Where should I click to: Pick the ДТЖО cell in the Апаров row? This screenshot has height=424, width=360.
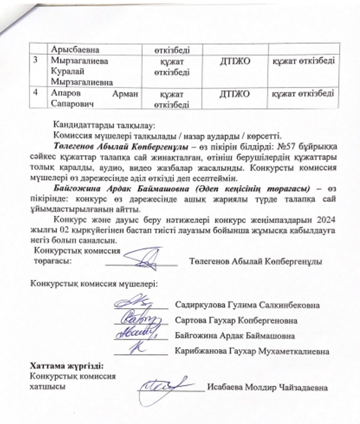coord(232,95)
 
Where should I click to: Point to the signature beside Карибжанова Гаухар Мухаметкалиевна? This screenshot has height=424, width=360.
coord(133,350)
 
